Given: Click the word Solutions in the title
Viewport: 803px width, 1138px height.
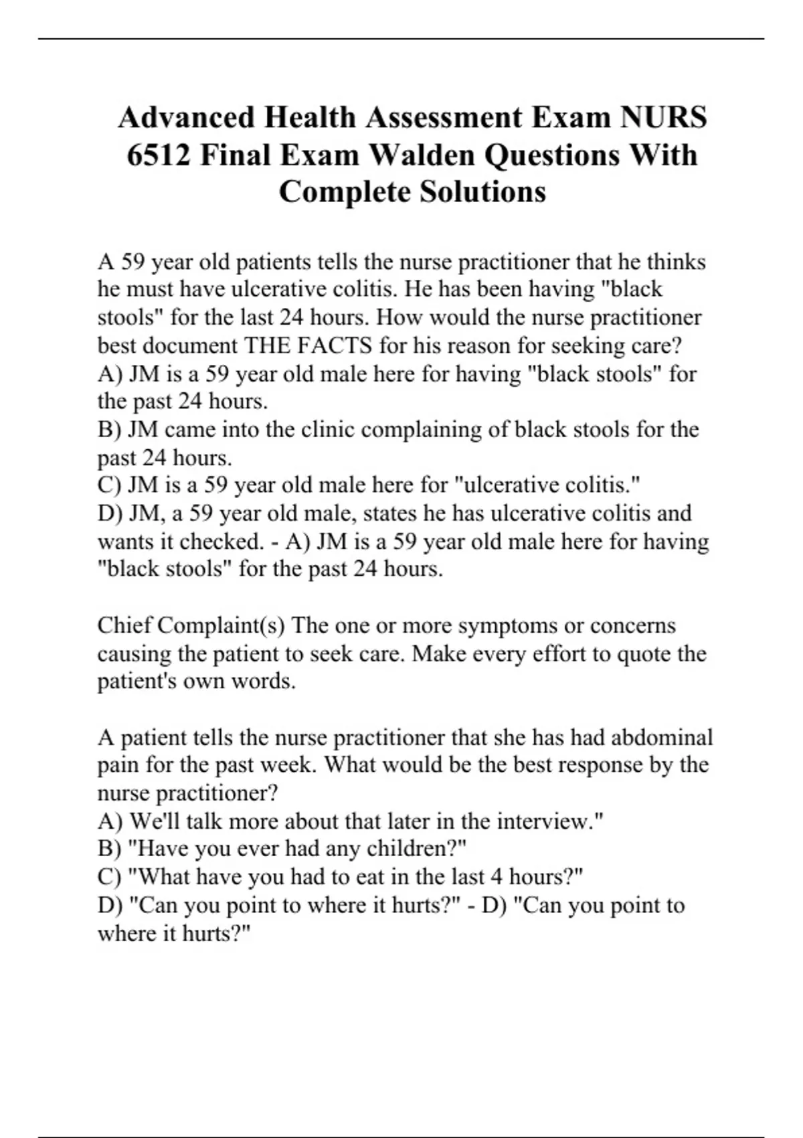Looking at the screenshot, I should click(x=482, y=192).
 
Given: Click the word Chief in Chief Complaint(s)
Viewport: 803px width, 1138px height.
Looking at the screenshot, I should click(x=124, y=625).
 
